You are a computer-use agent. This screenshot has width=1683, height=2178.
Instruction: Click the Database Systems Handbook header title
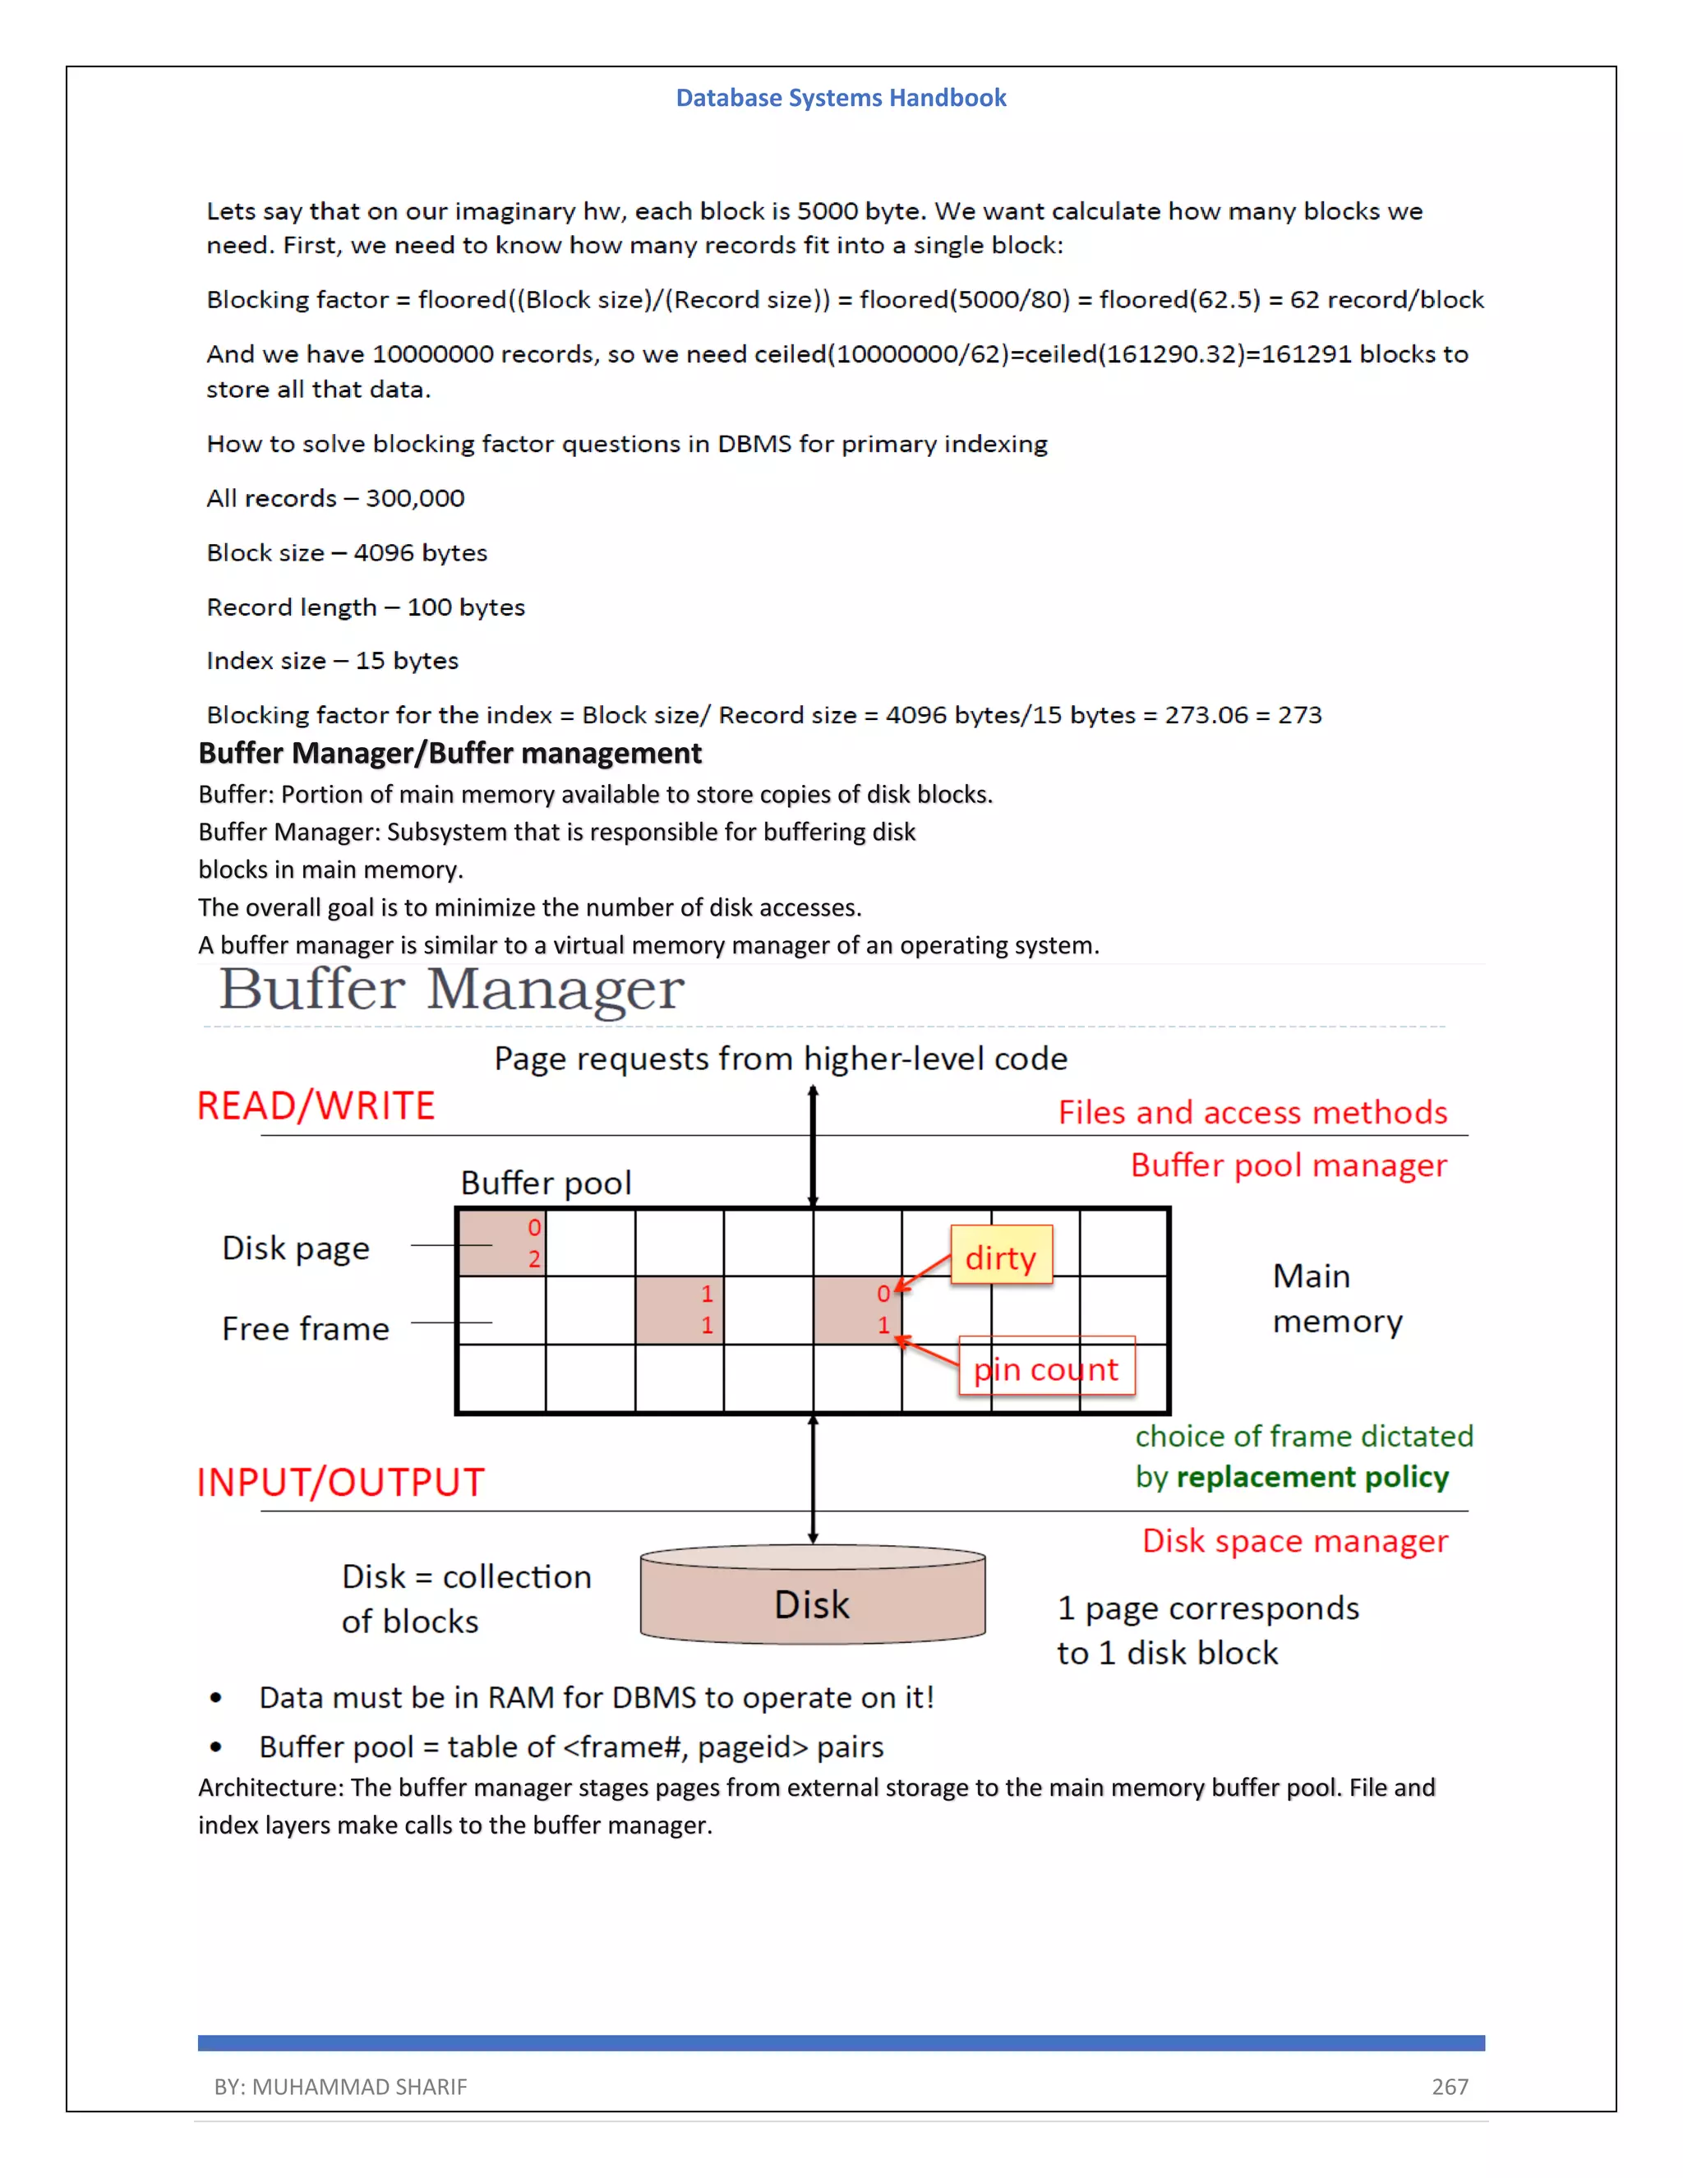pos(841,98)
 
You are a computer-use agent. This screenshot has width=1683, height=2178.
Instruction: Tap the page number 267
pos(1450,2086)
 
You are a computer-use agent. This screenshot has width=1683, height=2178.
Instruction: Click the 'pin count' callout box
pos(1046,1368)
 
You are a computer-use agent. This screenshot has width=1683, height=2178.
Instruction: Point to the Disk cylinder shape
pos(813,1595)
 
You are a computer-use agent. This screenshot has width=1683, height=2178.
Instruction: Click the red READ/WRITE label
pos(316,1106)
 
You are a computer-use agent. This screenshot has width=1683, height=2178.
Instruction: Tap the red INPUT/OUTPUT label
pos(340,1482)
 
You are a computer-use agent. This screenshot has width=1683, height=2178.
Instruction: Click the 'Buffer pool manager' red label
pos(1289,1165)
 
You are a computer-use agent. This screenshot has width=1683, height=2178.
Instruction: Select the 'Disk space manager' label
pos(1294,1541)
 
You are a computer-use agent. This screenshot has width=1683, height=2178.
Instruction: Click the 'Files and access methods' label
pos(1252,1112)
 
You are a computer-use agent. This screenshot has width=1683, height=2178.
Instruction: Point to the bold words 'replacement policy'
pos(1312,1477)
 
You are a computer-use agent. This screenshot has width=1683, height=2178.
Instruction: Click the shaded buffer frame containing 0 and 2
pos(501,1243)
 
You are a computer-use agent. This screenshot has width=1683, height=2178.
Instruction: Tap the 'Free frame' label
pos(305,1328)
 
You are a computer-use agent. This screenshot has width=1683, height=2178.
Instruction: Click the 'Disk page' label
pos(295,1248)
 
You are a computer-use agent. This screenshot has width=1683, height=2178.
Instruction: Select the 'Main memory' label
pos(1336,1299)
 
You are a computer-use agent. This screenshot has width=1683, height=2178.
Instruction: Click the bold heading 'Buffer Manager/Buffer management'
pos(450,753)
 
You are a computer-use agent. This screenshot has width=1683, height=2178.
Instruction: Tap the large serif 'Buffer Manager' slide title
pos(452,990)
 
